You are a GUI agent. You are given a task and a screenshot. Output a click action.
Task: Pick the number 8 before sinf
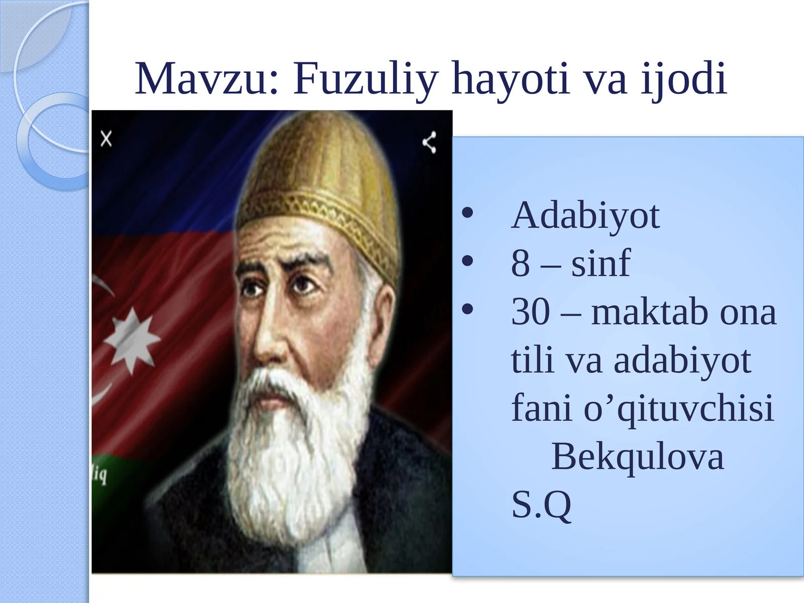(521, 264)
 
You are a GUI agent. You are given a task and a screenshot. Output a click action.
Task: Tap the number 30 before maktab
(530, 312)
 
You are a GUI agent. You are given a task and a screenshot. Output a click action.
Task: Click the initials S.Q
(541, 505)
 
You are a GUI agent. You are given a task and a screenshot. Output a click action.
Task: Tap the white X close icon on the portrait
(106, 139)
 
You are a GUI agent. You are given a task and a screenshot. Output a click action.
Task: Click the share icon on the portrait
(429, 142)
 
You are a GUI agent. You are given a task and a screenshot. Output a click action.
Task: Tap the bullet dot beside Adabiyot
(467, 213)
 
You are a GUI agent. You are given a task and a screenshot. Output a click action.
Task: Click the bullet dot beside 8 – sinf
(467, 261)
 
